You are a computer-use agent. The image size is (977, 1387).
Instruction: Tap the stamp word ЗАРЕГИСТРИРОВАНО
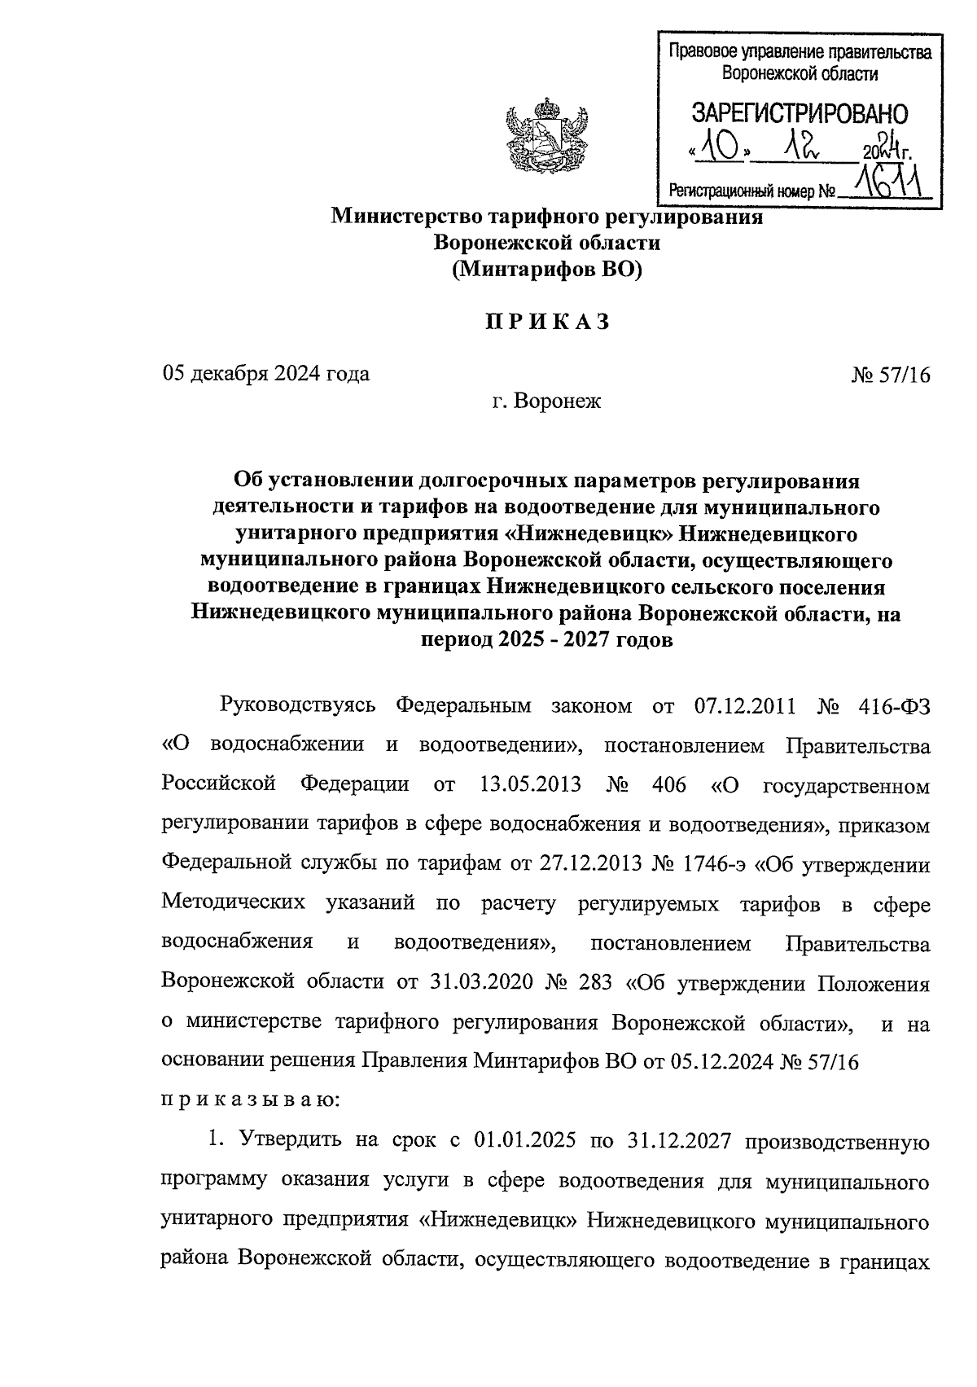click(800, 114)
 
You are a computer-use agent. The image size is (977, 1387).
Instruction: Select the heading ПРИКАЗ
click(547, 323)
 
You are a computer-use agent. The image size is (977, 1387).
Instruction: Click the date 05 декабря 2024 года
click(266, 374)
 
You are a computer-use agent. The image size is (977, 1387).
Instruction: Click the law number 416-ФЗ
click(894, 706)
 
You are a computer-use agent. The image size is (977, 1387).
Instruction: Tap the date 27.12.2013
click(589, 863)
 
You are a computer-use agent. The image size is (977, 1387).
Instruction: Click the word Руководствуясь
click(298, 706)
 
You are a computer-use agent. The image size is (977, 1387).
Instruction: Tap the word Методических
click(234, 903)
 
